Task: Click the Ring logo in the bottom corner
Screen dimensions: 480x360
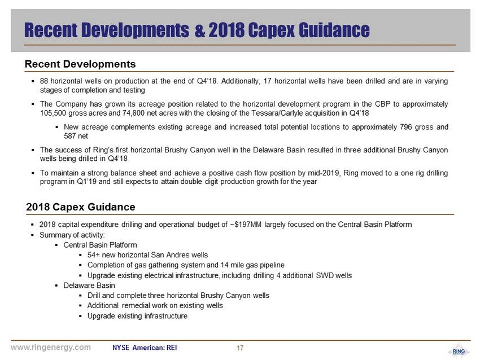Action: (x=459, y=352)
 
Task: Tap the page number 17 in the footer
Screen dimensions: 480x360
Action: (x=240, y=348)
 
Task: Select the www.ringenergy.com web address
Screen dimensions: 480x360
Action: (x=51, y=348)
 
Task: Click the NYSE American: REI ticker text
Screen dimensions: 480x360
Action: (x=145, y=348)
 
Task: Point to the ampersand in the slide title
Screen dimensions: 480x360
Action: (x=199, y=30)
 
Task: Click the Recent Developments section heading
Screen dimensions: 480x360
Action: (x=80, y=64)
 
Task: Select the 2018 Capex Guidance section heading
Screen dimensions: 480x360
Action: (x=81, y=207)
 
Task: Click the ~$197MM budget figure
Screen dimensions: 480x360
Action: (x=246, y=225)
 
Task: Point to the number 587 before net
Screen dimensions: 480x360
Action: (x=70, y=136)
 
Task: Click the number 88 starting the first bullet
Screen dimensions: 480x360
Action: (x=44, y=81)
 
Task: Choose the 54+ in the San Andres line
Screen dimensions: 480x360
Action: (x=94, y=255)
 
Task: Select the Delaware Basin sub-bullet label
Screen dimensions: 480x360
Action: (x=89, y=286)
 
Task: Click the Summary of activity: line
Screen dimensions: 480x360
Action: (x=72, y=235)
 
